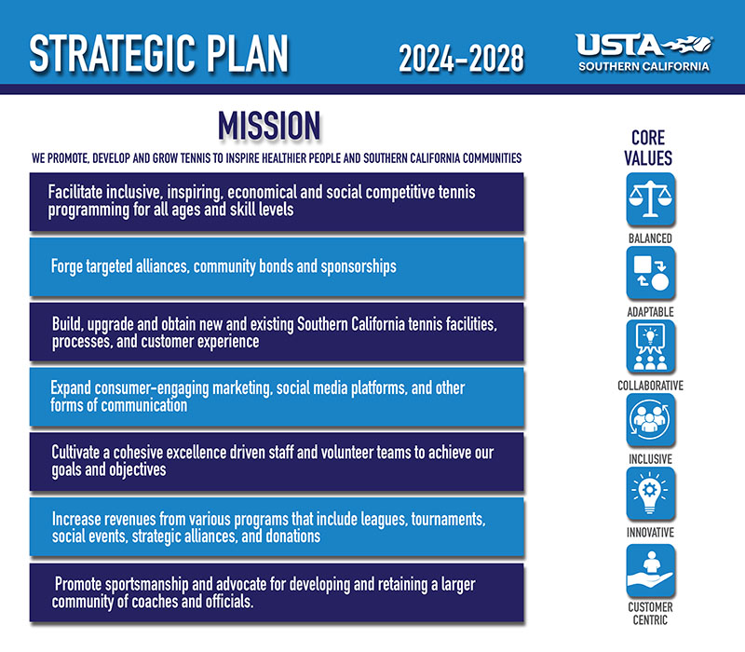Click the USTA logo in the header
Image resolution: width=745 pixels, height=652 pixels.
point(643,52)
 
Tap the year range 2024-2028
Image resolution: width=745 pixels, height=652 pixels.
point(461,58)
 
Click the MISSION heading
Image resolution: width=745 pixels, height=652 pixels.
point(269,126)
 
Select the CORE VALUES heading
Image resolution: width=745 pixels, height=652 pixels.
point(648,148)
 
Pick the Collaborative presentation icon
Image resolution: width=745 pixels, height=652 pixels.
point(649,346)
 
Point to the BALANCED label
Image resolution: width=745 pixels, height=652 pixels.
point(649,238)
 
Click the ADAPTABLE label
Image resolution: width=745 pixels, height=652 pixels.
point(649,311)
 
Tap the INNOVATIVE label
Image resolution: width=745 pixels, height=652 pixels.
point(649,532)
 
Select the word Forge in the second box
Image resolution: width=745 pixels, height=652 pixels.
point(69,266)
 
